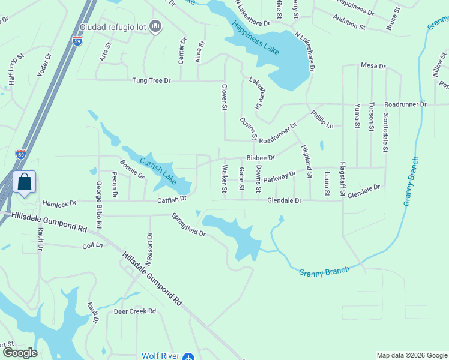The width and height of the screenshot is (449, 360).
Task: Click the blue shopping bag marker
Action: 25,182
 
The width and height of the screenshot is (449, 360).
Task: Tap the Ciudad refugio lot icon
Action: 156,26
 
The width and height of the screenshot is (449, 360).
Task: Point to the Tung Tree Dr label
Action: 152,80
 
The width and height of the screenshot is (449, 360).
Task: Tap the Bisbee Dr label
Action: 260,158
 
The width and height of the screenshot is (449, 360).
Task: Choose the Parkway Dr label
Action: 279,176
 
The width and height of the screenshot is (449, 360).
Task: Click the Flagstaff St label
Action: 343,179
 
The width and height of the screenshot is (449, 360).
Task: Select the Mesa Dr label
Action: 373,65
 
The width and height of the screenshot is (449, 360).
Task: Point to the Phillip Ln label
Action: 322,119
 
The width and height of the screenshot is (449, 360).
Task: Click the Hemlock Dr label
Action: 57,203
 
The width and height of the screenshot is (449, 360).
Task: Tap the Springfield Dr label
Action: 188,225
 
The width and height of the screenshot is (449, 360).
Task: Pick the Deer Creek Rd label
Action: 135,311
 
